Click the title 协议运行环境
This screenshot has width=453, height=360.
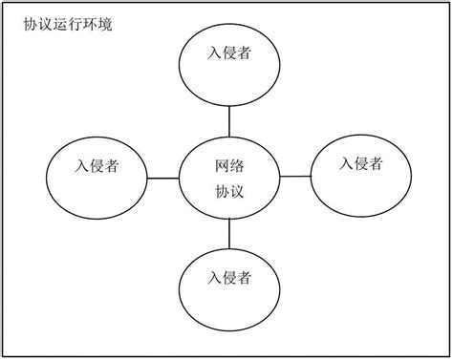click(68, 24)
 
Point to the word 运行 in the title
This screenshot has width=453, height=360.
click(68, 24)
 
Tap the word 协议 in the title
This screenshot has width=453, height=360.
click(38, 24)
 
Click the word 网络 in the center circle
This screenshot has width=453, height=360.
click(230, 165)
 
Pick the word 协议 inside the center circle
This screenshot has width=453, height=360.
click(230, 190)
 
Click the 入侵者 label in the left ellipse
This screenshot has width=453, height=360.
click(97, 166)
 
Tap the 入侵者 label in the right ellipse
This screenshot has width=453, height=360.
click(361, 163)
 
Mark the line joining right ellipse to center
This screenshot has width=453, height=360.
click(295, 176)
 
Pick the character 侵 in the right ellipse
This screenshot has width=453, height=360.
click(361, 163)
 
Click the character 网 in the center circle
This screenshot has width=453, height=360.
click(223, 165)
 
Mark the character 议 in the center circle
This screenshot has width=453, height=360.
click(238, 190)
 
